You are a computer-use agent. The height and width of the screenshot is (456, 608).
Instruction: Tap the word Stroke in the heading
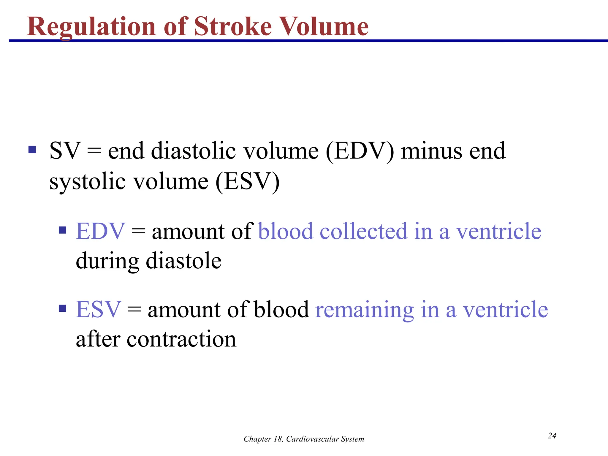[x=233, y=27]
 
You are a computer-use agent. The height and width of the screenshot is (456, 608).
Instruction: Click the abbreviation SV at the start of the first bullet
[x=65, y=151]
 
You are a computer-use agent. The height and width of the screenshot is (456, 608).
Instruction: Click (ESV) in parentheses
[x=247, y=182]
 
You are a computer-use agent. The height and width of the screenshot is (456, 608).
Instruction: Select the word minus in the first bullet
[x=431, y=151]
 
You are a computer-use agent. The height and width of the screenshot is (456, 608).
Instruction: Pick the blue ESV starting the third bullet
[x=98, y=309]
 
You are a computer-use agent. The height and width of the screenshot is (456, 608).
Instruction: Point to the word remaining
[x=364, y=310]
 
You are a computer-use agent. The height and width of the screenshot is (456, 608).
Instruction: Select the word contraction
[x=181, y=339]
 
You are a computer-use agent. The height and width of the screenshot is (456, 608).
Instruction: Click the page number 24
[x=552, y=436]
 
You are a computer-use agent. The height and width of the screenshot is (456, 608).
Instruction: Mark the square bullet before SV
[x=32, y=149]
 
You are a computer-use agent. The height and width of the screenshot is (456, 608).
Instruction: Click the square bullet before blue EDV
[x=62, y=230]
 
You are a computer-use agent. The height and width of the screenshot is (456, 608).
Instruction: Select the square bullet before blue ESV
[x=62, y=308]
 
